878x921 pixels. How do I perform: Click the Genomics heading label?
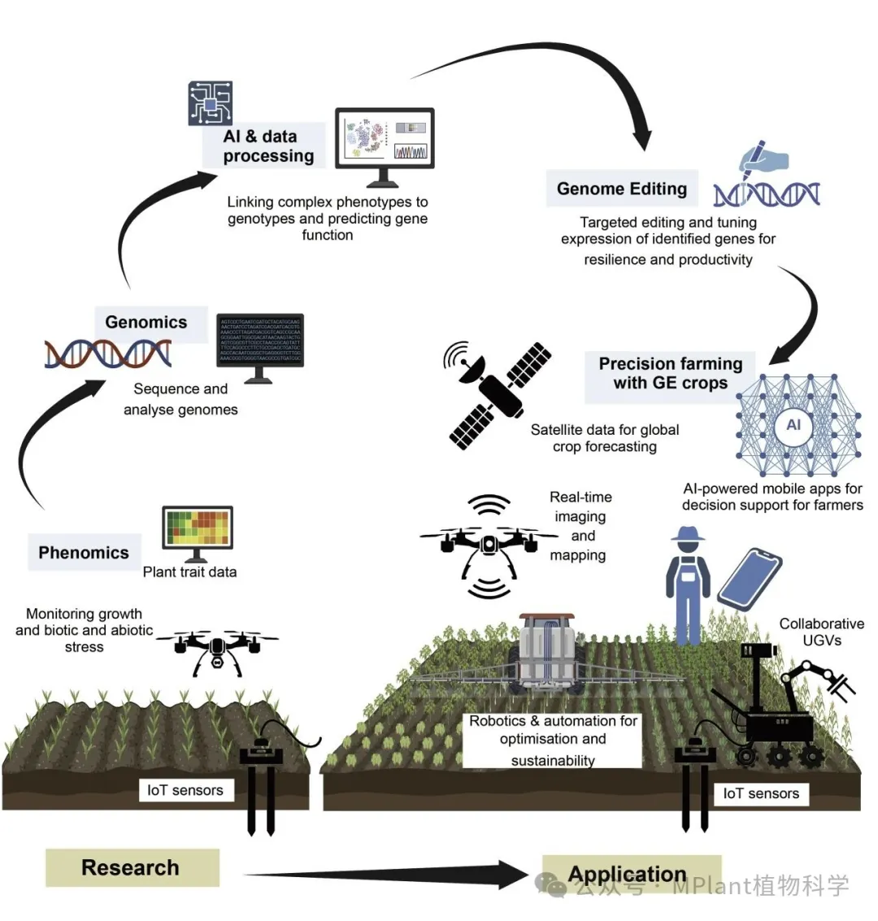point(146,322)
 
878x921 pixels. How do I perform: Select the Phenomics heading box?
point(84,553)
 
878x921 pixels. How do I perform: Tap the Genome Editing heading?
point(622,189)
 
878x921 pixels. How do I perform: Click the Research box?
point(131,867)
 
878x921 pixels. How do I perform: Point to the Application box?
point(628,875)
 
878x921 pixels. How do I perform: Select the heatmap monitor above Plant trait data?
point(198,530)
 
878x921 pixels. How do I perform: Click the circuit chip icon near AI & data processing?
point(210,103)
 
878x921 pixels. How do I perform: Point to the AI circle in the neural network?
point(793,424)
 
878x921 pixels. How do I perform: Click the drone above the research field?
point(216,649)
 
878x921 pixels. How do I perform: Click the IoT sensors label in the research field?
point(185,789)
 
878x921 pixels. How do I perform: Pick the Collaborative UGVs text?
point(821,632)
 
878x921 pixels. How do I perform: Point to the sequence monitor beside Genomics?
point(259,345)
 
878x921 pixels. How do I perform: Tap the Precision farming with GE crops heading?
point(671,373)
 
